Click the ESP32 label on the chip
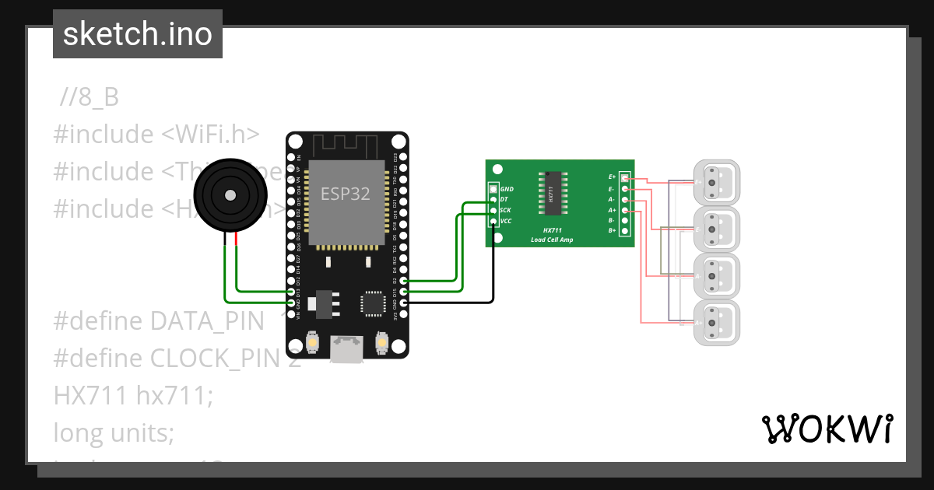(x=347, y=194)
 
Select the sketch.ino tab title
(x=138, y=34)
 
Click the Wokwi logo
(x=827, y=429)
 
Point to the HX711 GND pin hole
(x=493, y=189)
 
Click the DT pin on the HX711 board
(x=493, y=200)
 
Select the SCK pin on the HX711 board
(x=493, y=211)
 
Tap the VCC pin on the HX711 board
(x=493, y=222)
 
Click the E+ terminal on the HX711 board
(x=624, y=177)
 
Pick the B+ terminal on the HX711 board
(x=624, y=230)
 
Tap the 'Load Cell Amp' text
(x=552, y=240)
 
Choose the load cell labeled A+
(x=717, y=229)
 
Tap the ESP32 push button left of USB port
(x=312, y=341)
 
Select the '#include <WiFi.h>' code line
(x=156, y=135)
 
